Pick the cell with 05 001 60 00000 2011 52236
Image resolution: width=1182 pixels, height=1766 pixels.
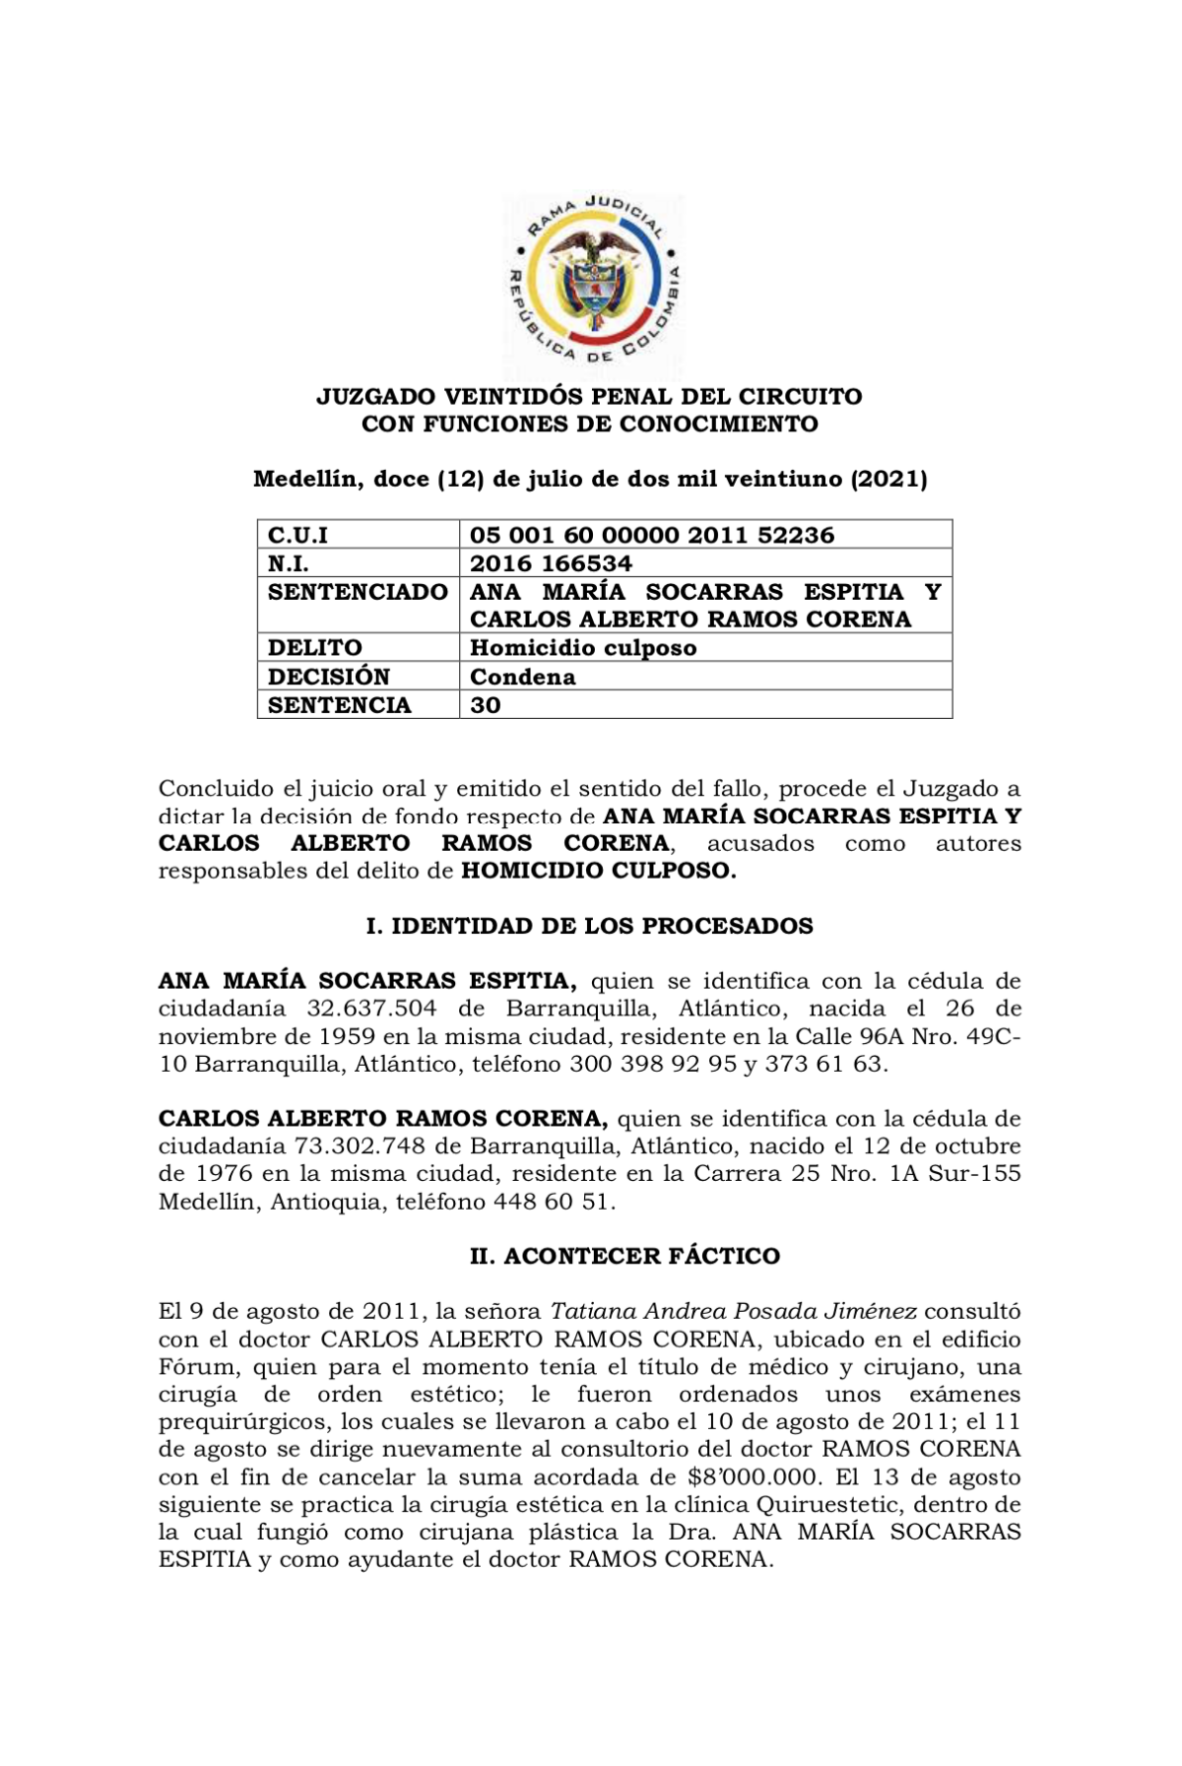(x=651, y=535)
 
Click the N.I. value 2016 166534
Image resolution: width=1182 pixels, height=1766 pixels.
(x=551, y=563)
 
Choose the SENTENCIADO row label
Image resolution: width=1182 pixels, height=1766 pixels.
(x=358, y=592)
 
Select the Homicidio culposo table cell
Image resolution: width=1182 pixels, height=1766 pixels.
(x=583, y=648)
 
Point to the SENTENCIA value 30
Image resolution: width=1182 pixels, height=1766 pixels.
(x=486, y=705)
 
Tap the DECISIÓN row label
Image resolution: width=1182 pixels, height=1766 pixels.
(x=329, y=677)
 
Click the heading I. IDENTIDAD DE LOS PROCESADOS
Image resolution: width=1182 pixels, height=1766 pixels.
(x=589, y=927)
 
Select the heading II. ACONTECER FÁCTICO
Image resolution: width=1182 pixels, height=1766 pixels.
(x=624, y=1257)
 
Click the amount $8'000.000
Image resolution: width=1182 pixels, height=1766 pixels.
(x=754, y=1477)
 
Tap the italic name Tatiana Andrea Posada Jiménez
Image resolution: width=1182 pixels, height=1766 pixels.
(x=734, y=1312)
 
